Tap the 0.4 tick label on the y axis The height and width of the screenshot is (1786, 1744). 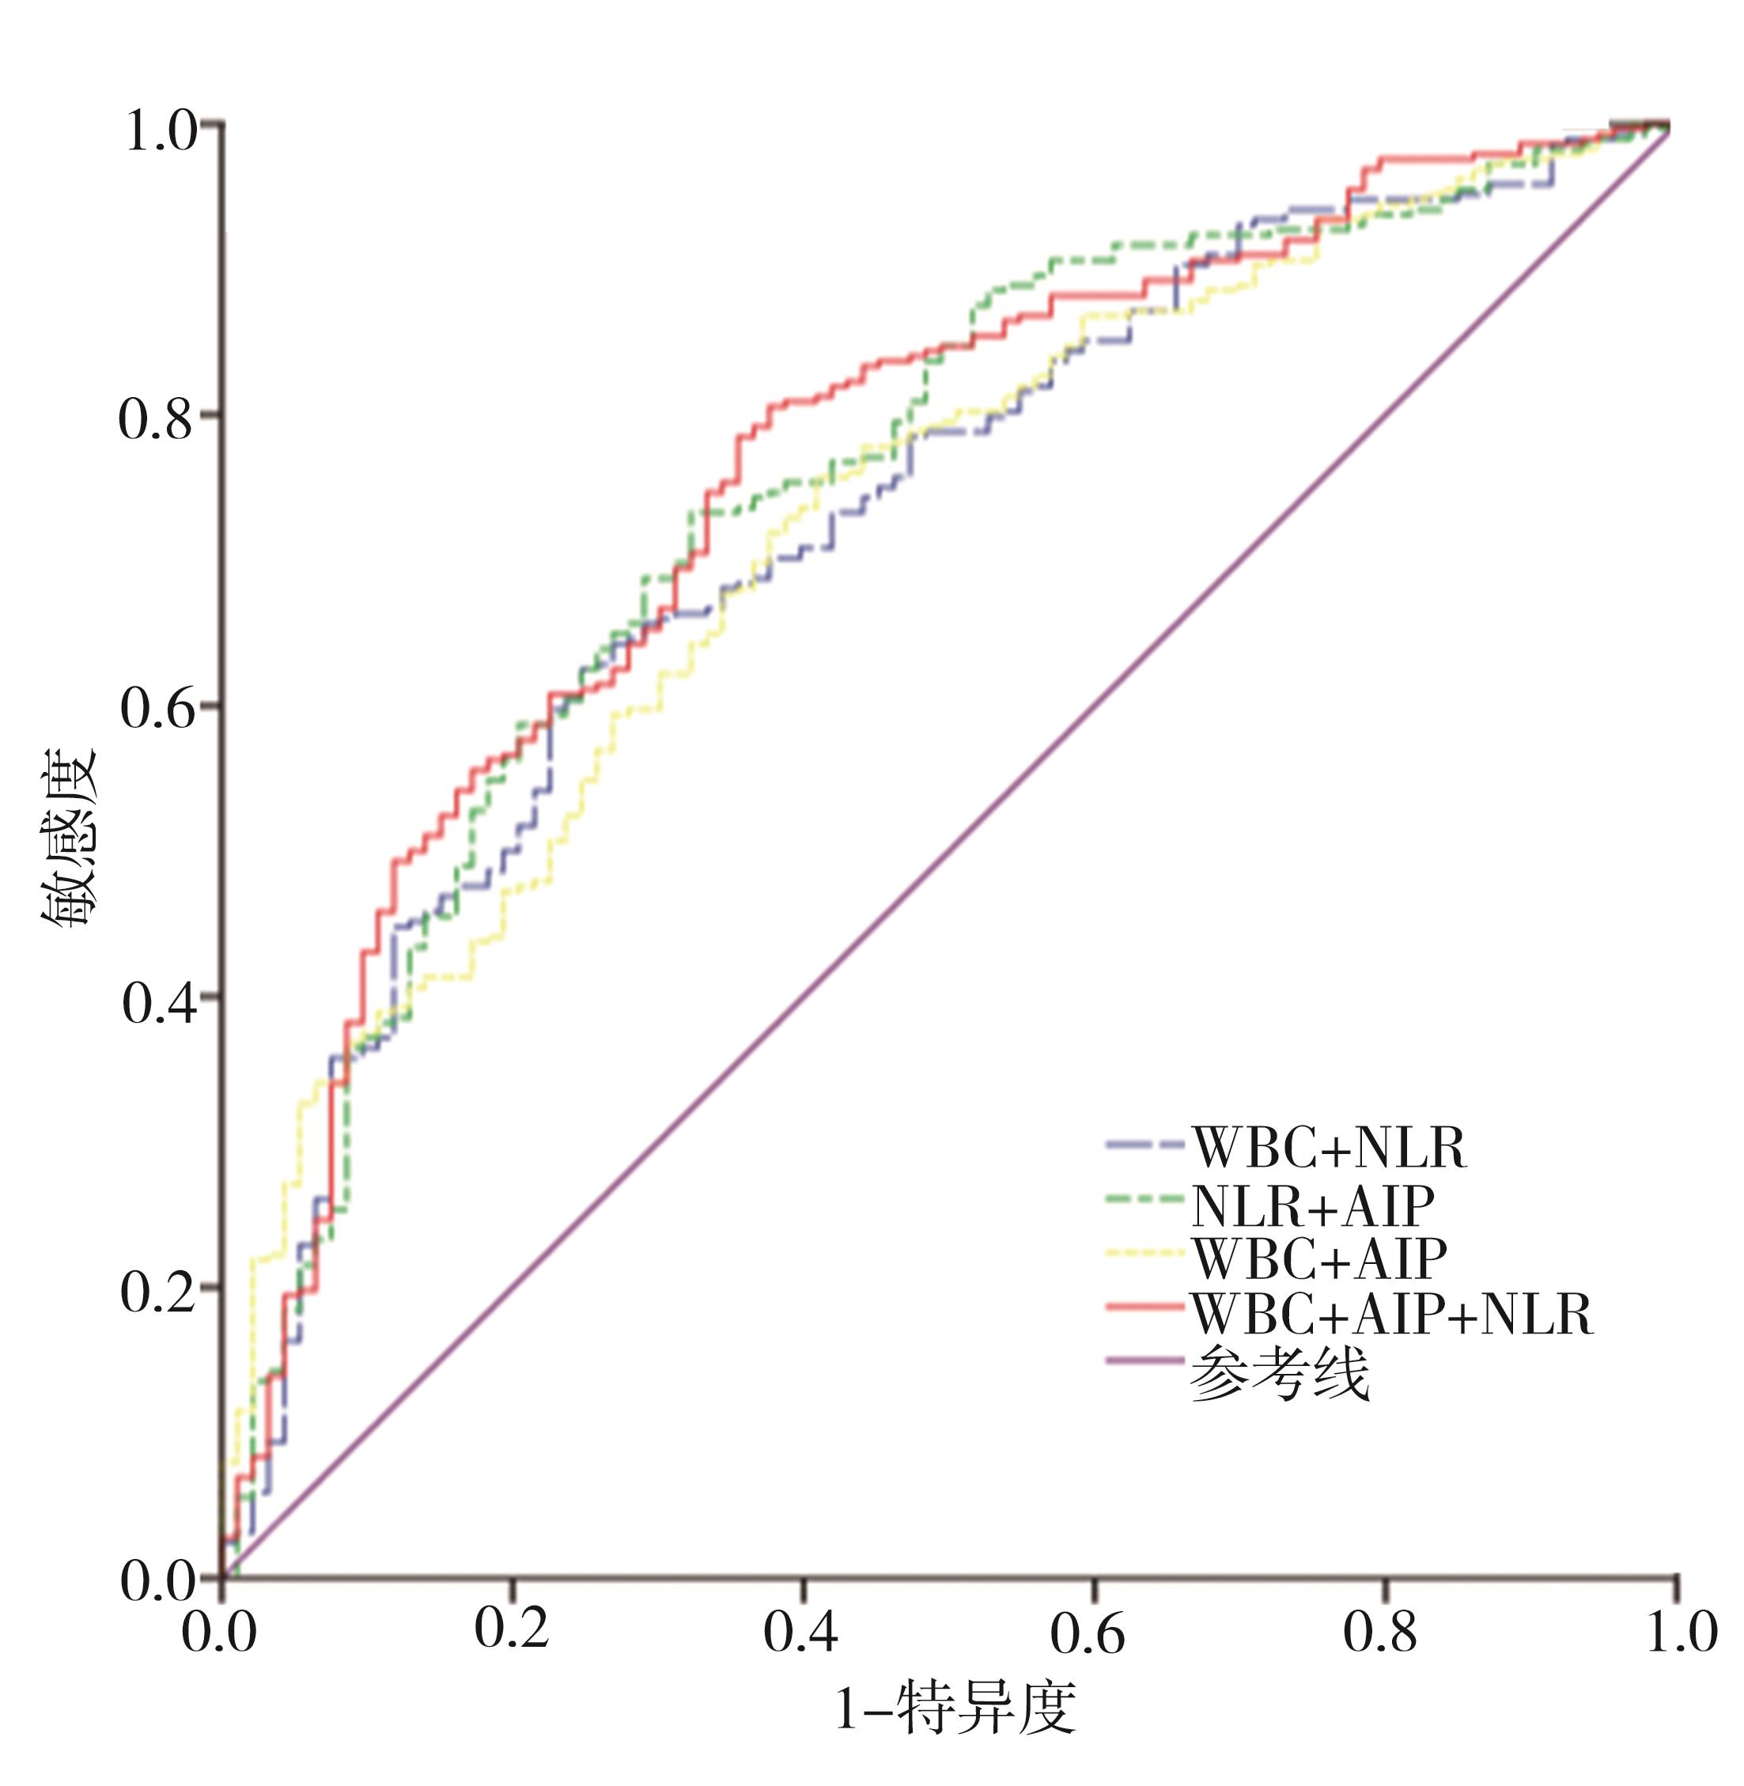160,1002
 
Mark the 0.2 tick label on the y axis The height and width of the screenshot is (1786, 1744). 160,1292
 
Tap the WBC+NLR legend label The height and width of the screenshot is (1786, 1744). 1329,1147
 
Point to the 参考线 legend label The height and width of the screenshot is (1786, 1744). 1280,1371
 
